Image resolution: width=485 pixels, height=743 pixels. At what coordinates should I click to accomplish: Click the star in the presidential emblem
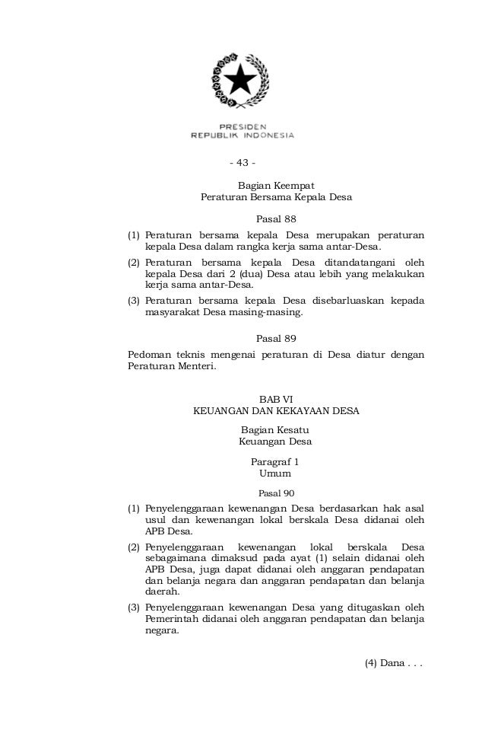tap(242, 79)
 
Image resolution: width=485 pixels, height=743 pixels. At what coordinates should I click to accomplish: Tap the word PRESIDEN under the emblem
tap(242, 126)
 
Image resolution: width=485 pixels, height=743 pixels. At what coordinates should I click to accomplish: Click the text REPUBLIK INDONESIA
tap(242, 136)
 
